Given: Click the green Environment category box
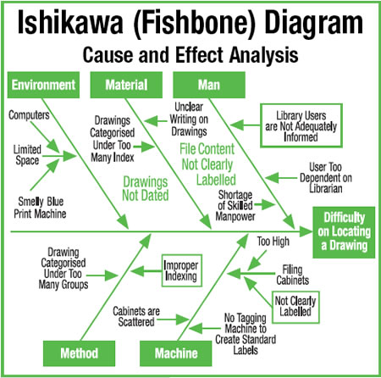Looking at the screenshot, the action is [x=43, y=85].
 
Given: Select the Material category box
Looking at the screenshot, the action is [x=126, y=85].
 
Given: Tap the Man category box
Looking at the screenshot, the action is [x=209, y=85].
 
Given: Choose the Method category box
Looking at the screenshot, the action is [x=79, y=353].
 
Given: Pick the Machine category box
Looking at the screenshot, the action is [x=176, y=353].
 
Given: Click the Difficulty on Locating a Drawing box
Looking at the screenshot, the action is [x=344, y=232].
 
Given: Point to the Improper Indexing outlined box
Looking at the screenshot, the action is [x=182, y=270].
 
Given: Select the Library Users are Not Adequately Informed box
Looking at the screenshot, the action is [x=301, y=125].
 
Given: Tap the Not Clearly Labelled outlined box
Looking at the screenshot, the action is [x=295, y=307].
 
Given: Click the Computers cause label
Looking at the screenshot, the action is [x=29, y=115].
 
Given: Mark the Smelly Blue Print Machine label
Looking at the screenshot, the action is [x=40, y=208].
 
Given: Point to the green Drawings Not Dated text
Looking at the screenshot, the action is [x=146, y=188].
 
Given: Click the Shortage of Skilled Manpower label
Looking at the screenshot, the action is [x=235, y=205].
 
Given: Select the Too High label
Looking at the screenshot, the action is [x=273, y=242].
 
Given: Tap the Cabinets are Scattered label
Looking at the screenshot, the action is [x=136, y=316].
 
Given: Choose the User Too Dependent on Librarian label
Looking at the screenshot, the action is [x=326, y=178].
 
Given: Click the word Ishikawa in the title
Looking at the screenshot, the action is [x=70, y=23].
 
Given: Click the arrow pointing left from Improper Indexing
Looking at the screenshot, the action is [x=146, y=271].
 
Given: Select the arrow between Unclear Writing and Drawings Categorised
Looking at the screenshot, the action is [x=156, y=121].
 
